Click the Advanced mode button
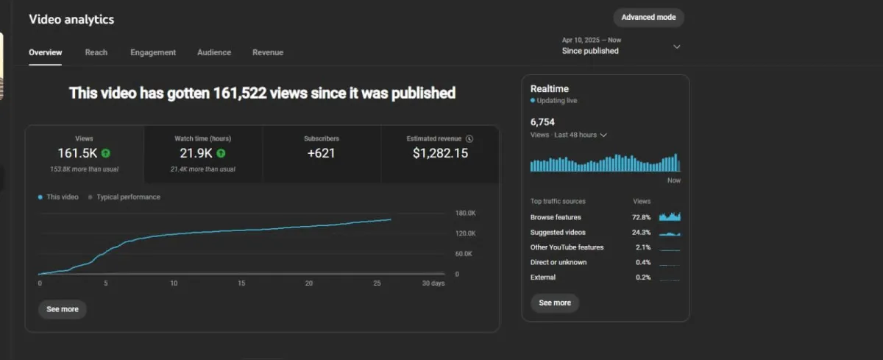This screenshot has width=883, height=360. click(x=648, y=18)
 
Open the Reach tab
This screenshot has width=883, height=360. click(x=96, y=52)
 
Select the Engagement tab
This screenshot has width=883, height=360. click(x=153, y=52)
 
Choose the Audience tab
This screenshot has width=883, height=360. click(x=214, y=52)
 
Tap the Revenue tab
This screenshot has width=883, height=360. click(x=268, y=52)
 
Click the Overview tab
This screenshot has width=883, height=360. click(x=46, y=52)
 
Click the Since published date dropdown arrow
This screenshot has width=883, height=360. click(x=677, y=46)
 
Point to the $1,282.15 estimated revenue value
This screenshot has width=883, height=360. click(x=440, y=153)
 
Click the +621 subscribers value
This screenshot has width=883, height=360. click(x=322, y=153)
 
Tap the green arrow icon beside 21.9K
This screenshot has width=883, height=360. click(x=221, y=154)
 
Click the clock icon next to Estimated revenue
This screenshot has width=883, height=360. click(x=469, y=138)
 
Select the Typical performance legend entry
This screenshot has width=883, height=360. click(x=127, y=197)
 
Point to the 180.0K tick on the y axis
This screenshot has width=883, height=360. click(x=466, y=213)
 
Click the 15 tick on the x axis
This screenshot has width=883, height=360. click(x=241, y=283)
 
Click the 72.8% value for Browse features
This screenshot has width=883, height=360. click(x=642, y=217)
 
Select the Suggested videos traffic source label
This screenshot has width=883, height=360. click(x=558, y=233)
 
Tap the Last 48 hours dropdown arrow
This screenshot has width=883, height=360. click(x=603, y=135)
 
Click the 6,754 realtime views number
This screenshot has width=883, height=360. click(x=542, y=121)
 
